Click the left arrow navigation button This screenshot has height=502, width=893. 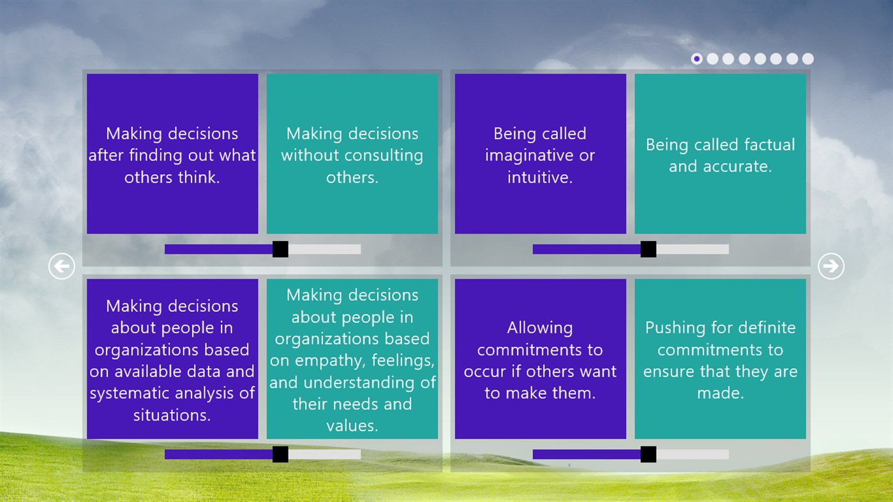(x=62, y=266)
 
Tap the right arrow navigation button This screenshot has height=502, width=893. (x=831, y=266)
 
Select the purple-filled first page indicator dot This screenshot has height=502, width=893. (x=696, y=59)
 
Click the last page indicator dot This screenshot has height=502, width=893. (x=807, y=59)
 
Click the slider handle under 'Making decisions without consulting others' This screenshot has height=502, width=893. (x=280, y=249)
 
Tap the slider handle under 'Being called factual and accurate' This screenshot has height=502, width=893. (x=649, y=249)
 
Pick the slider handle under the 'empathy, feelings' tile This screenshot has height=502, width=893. (x=280, y=454)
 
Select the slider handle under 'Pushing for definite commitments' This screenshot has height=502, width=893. (x=649, y=454)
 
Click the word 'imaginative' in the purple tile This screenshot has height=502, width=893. (x=524, y=156)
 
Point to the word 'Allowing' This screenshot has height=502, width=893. (x=540, y=329)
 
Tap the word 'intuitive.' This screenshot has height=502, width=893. (x=540, y=177)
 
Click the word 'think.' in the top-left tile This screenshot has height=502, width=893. (x=199, y=177)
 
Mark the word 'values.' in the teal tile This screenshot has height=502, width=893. (x=352, y=426)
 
